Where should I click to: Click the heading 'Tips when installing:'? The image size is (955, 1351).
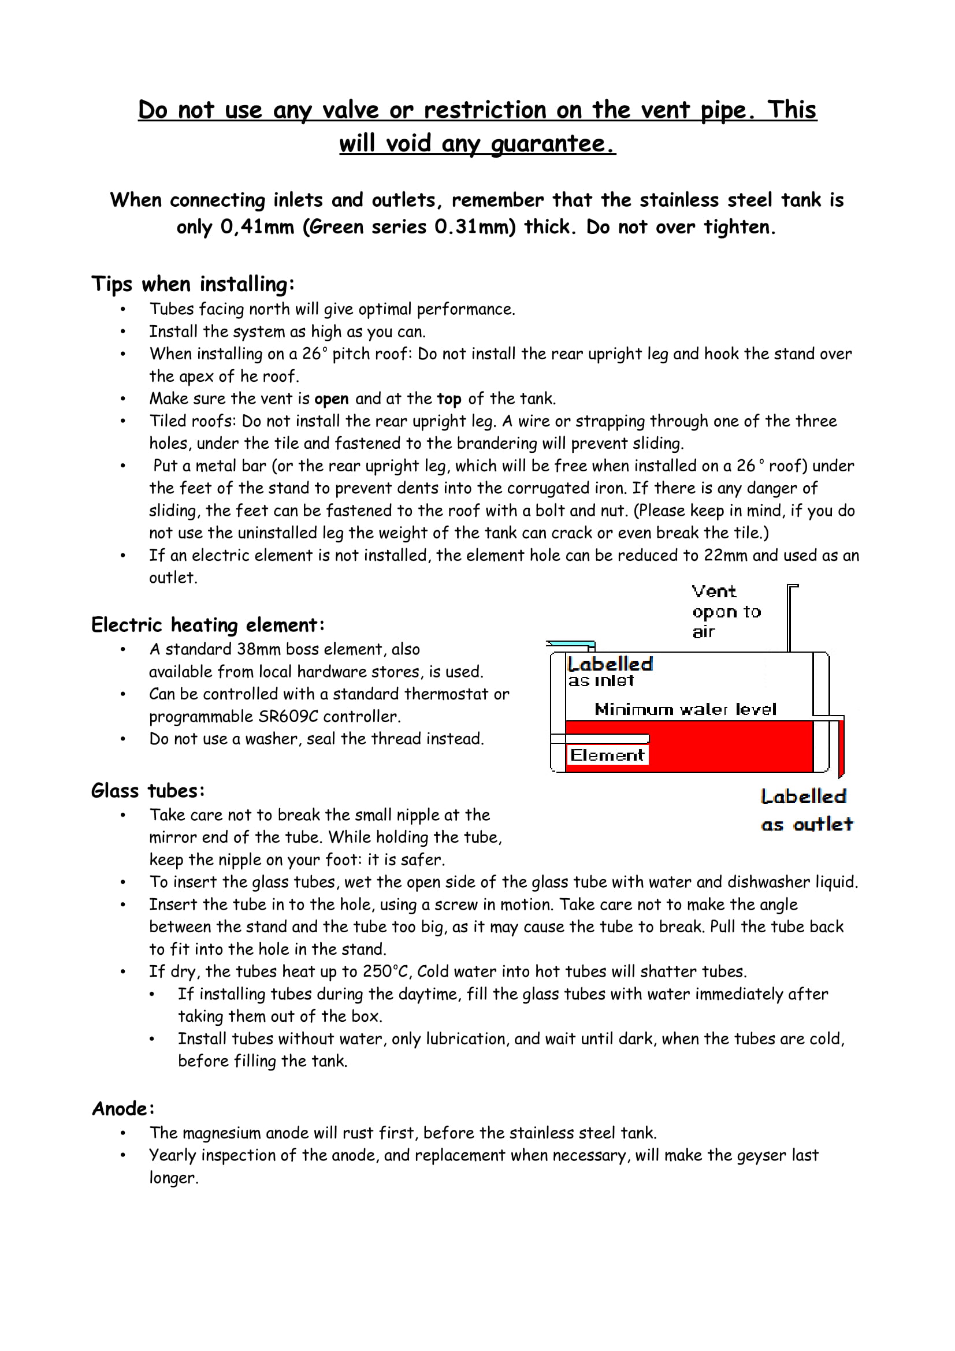(192, 284)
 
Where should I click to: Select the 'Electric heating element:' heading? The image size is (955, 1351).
(208, 624)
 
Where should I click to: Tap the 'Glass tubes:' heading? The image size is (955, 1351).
(148, 790)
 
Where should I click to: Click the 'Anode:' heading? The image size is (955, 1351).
(123, 1108)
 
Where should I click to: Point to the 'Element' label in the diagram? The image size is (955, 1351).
(607, 755)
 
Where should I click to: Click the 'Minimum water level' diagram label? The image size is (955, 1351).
(686, 709)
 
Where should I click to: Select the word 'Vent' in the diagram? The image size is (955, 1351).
(714, 591)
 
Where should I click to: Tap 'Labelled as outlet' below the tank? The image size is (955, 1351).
(805, 810)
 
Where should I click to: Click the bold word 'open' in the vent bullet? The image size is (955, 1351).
(331, 399)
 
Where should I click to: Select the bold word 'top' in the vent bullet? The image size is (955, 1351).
(449, 399)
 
